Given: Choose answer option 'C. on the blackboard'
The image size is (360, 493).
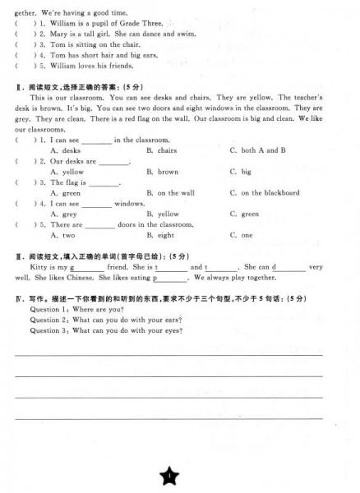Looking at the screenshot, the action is point(265,193).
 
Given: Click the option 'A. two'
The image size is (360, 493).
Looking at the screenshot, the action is point(62,235).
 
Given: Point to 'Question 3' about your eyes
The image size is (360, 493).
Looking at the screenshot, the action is point(106,330).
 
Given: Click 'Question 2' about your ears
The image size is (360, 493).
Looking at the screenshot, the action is point(106,320).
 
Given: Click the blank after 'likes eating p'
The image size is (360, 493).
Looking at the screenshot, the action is point(173,279).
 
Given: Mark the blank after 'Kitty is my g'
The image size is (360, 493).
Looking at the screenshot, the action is point(89,268).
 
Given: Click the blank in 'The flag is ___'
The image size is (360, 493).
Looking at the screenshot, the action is point(104,183).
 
